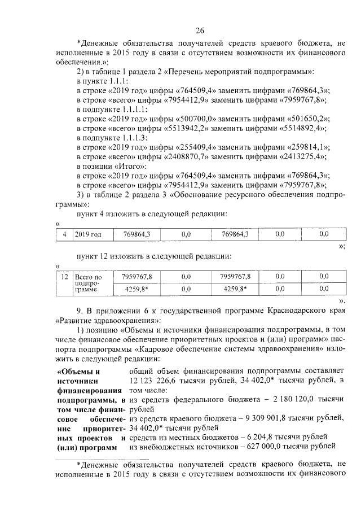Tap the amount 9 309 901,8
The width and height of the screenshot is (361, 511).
coord(274,418)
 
